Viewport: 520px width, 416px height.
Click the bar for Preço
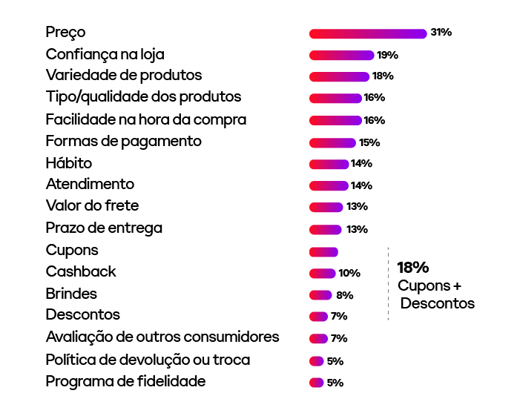[x=368, y=33]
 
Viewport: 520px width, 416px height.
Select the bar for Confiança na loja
[x=341, y=55]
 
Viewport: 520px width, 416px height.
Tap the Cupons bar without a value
[x=323, y=251]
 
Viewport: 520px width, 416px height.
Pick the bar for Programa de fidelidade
[x=316, y=383]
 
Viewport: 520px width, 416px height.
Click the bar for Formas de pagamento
[x=332, y=142]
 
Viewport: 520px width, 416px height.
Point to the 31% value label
[x=441, y=33]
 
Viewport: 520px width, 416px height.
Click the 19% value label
[x=387, y=55]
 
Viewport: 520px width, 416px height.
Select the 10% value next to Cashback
[x=349, y=273]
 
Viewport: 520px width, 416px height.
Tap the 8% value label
[x=344, y=295]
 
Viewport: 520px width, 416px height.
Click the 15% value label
[x=369, y=142]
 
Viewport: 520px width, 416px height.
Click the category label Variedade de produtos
[x=123, y=76]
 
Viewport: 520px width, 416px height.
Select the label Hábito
[x=69, y=163]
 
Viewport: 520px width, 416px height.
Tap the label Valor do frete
[x=92, y=205]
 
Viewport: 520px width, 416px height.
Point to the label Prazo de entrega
[x=104, y=228]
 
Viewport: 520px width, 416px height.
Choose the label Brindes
[x=71, y=294]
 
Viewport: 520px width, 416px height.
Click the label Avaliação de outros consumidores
[x=162, y=337]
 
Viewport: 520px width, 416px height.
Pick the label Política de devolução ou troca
[x=148, y=360]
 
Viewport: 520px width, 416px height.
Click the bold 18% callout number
[x=413, y=268]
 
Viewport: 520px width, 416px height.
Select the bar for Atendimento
[x=329, y=185]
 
